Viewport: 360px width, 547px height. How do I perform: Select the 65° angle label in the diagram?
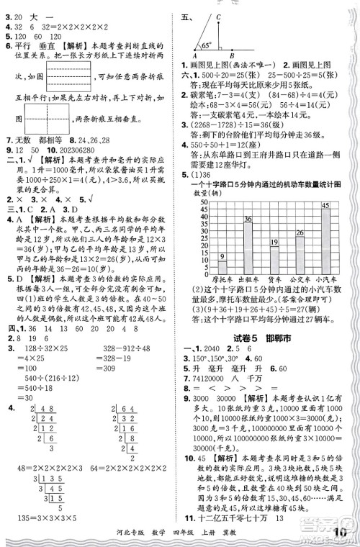pyautogui.click(x=204, y=45)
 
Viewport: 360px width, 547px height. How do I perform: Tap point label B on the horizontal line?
pyautogui.click(x=231, y=58)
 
